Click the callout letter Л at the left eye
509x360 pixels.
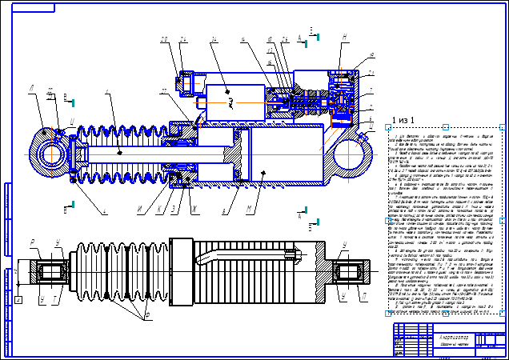click(30, 90)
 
